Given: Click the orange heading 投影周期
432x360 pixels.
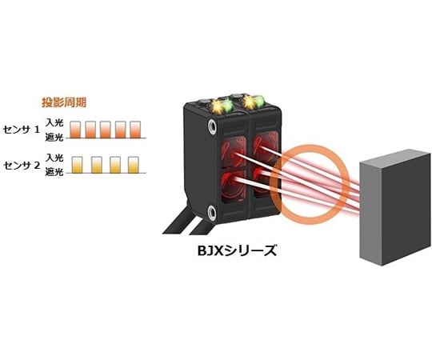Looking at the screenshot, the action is pyautogui.click(x=64, y=102).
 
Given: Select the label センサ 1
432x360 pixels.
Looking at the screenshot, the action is pyautogui.click(x=22, y=130).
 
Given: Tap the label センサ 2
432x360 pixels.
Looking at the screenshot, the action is pyautogui.click(x=22, y=166).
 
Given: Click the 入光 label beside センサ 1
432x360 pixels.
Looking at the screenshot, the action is pyautogui.click(x=54, y=122).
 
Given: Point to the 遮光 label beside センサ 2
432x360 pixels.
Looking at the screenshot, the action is pyautogui.click(x=54, y=173).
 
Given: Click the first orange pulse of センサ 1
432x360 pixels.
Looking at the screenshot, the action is pyautogui.click(x=75, y=130).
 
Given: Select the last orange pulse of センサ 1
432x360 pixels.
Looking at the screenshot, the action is pyautogui.click(x=135, y=130).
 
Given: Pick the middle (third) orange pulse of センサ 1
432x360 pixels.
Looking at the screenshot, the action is pyautogui.click(x=106, y=130).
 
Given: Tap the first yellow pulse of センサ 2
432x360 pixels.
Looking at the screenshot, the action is pyautogui.click(x=77, y=165).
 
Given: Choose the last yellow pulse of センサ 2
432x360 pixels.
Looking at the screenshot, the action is pyautogui.click(x=134, y=165).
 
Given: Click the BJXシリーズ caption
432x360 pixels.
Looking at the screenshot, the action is pyautogui.click(x=237, y=250).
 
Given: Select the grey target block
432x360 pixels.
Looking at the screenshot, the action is pyautogui.click(x=396, y=207).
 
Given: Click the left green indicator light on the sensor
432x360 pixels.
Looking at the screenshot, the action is pyautogui.click(x=227, y=106).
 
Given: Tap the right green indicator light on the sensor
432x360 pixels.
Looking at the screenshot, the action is pyautogui.click(x=259, y=101).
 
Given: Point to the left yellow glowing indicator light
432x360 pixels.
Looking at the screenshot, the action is pyautogui.click(x=216, y=106).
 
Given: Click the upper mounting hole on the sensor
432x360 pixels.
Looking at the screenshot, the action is pyautogui.click(x=213, y=127).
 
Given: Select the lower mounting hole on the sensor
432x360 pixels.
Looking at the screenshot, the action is pyautogui.click(x=212, y=212).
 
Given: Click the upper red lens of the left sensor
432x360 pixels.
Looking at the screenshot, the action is pyautogui.click(x=234, y=151).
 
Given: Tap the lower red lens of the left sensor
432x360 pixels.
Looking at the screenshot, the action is pyautogui.click(x=234, y=186).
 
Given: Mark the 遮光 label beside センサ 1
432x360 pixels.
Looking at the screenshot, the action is pyautogui.click(x=54, y=137).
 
